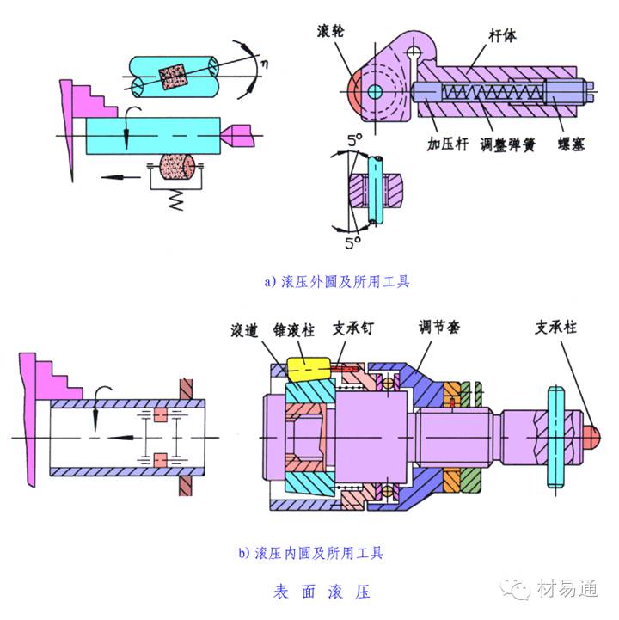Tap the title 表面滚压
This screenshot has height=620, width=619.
[322, 593]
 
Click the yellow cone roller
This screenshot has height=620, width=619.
[307, 368]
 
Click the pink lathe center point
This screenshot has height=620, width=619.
[239, 134]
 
